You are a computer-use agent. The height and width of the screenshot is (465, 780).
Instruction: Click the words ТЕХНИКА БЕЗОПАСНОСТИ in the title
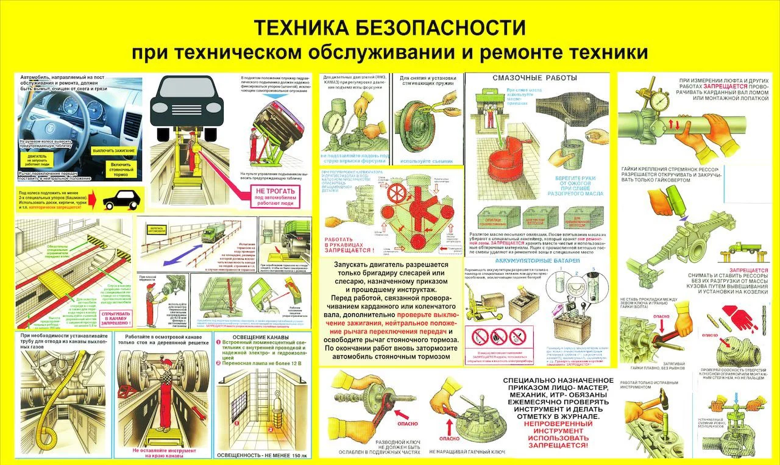(389, 27)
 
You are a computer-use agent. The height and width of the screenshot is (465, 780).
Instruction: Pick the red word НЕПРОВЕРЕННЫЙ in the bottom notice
(558, 422)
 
